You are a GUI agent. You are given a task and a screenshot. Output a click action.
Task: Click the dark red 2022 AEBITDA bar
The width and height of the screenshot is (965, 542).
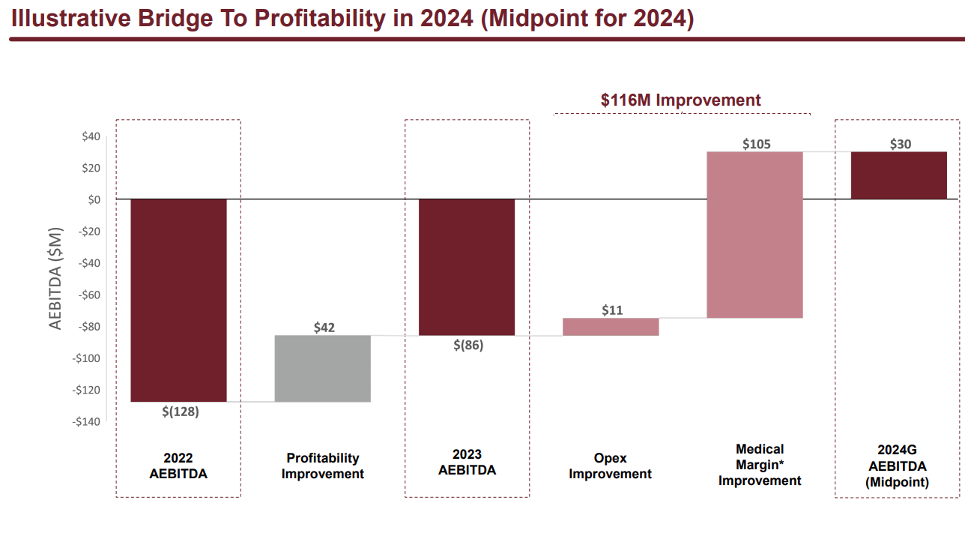(x=178, y=300)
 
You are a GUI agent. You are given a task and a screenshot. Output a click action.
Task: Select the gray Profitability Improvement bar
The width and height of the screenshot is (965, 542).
(x=323, y=368)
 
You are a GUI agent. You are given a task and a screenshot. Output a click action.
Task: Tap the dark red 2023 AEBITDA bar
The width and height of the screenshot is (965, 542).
(x=467, y=267)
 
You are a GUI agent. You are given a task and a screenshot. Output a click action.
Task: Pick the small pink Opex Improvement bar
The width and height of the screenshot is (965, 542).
(x=611, y=327)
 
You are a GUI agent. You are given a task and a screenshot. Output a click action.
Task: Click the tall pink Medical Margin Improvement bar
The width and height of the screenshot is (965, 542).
(x=754, y=235)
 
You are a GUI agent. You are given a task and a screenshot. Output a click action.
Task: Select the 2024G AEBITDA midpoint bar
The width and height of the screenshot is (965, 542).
(x=898, y=175)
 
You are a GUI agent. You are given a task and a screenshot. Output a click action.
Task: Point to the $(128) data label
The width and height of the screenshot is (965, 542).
(x=181, y=412)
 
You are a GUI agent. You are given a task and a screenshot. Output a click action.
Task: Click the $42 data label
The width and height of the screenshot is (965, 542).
(x=324, y=328)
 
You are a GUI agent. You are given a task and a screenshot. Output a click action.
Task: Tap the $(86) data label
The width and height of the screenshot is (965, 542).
(x=468, y=346)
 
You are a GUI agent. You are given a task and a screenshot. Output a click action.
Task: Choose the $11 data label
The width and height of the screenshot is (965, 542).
(x=612, y=310)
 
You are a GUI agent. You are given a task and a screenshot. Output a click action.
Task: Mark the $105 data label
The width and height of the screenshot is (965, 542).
(x=756, y=144)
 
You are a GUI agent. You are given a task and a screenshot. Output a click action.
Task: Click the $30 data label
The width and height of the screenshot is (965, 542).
(x=900, y=144)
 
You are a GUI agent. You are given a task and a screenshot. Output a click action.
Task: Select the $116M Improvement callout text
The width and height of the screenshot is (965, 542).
(x=680, y=100)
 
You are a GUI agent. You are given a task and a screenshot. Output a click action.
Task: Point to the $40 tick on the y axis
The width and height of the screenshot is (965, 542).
(x=90, y=136)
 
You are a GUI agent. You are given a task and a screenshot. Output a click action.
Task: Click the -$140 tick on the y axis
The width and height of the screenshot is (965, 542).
(x=86, y=421)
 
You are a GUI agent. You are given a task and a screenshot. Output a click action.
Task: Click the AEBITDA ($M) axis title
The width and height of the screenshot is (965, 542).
(x=56, y=278)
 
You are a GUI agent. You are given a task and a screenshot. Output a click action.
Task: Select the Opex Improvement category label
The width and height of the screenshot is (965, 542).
(x=610, y=466)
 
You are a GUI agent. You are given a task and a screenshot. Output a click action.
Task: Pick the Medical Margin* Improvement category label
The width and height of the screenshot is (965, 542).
(x=760, y=465)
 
